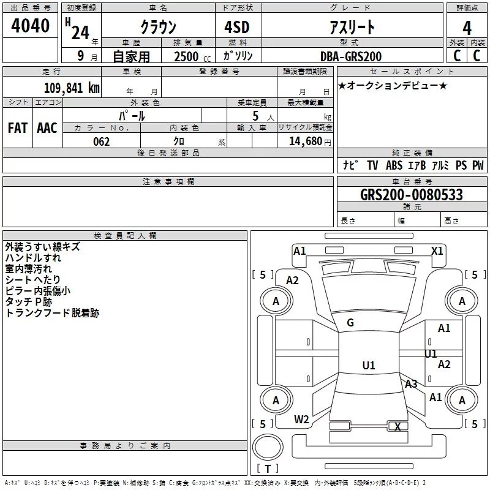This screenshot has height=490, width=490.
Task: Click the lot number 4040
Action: [30, 26]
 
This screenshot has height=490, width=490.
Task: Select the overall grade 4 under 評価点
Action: [467, 28]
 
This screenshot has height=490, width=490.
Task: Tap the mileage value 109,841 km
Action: [72, 88]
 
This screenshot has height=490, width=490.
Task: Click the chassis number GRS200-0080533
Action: [412, 195]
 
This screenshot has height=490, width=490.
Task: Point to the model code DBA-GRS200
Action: [351, 56]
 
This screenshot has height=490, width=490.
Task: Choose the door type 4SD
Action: [237, 27]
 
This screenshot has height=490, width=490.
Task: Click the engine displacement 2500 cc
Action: [192, 56]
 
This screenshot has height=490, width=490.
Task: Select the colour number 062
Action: [102, 141]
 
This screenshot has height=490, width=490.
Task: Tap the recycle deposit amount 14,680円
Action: [310, 141]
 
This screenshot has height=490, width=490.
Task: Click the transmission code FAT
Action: [18, 128]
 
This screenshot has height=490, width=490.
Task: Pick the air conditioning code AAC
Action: [47, 128]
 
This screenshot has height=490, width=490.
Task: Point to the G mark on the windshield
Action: [350, 323]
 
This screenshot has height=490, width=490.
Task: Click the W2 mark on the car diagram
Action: [301, 420]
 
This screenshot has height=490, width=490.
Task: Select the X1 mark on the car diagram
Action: [437, 251]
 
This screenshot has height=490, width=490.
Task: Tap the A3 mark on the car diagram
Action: [411, 384]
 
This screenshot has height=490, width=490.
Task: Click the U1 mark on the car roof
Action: [369, 365]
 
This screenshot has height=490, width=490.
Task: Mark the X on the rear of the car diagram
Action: [398, 426]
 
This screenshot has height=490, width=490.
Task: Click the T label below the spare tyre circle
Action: [268, 469]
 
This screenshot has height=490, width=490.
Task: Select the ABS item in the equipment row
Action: [394, 165]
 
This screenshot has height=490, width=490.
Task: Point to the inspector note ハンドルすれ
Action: [33, 258]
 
